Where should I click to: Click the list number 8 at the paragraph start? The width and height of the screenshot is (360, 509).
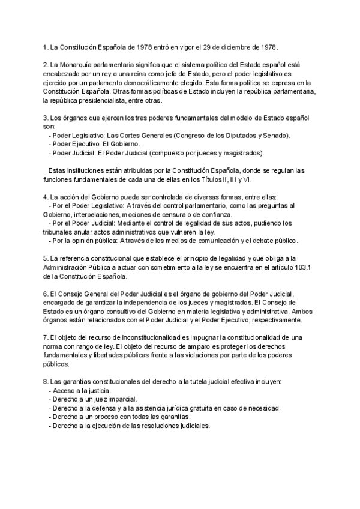(x=46, y=382)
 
